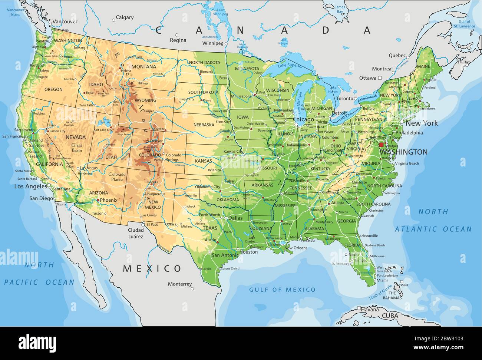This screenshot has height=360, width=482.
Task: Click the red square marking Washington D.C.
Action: [x=381, y=145]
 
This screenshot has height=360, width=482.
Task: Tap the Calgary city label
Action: [x=125, y=17]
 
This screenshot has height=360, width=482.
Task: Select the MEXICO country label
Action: [x=152, y=268]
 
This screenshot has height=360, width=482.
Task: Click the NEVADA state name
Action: [x=76, y=137]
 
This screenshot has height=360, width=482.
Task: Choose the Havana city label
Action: [x=370, y=309]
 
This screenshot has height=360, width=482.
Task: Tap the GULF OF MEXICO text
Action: [x=282, y=290]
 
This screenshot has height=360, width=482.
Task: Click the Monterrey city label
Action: [x=180, y=284]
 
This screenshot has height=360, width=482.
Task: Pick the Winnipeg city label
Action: [x=213, y=43]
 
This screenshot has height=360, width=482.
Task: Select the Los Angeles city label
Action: [x=31, y=186]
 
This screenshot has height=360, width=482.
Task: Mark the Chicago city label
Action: [x=304, y=120]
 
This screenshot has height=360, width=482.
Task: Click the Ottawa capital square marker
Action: [x=380, y=78]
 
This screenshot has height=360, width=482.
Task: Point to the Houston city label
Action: [x=248, y=252]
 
